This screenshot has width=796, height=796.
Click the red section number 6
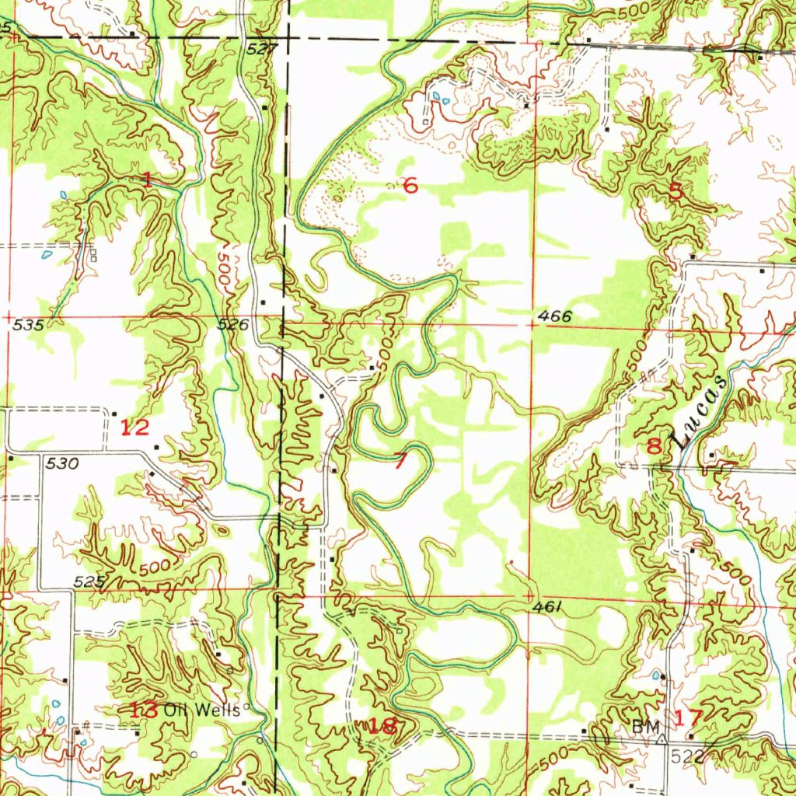[410, 185]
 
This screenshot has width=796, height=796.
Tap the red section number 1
[147, 180]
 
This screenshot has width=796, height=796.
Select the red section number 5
[676, 192]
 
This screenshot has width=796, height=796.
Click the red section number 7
[400, 461]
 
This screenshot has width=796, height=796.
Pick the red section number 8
[654, 446]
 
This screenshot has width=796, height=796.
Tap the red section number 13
[145, 709]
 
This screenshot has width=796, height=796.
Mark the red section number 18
[382, 726]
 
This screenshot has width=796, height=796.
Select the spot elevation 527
[263, 48]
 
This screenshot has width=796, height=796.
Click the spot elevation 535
[27, 325]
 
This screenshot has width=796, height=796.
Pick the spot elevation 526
[232, 325]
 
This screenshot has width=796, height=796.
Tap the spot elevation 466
[555, 316]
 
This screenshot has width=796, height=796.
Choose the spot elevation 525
[89, 581]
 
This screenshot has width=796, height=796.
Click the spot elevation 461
[548, 606]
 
